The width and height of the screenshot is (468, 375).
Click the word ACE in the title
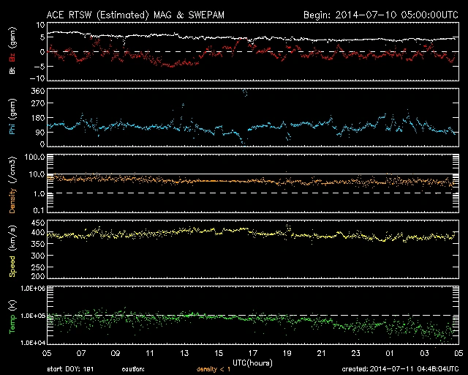click(56, 14)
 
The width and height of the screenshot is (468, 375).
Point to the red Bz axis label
click(12, 57)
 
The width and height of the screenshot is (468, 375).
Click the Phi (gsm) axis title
click(12, 120)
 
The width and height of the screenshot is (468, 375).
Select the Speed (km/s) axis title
click(12, 251)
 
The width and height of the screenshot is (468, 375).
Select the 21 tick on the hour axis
click(320, 353)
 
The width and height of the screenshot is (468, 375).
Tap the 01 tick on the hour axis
click(389, 353)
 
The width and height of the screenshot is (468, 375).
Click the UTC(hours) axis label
click(252, 362)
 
